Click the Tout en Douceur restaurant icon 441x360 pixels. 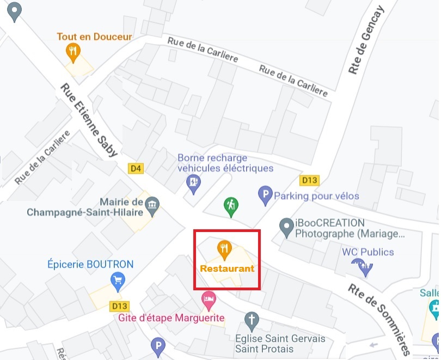[x=73, y=52]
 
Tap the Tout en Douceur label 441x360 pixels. [x=95, y=37]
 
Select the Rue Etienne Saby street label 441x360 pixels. [x=89, y=120]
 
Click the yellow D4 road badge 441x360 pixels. [x=136, y=169]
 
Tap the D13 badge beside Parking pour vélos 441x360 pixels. [x=309, y=180]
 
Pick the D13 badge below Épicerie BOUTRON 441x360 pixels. [x=118, y=305]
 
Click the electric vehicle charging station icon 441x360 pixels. [x=193, y=182]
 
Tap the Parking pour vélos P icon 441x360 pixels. [x=265, y=194]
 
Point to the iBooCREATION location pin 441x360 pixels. [x=286, y=227]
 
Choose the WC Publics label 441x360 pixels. [x=368, y=252]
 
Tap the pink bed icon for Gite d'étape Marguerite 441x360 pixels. [x=209, y=298]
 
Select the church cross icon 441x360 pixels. [x=252, y=321]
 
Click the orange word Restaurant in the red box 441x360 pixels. [x=227, y=269]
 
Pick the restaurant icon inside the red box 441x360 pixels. [x=224, y=249]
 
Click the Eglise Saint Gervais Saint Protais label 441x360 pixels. [x=281, y=344]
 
